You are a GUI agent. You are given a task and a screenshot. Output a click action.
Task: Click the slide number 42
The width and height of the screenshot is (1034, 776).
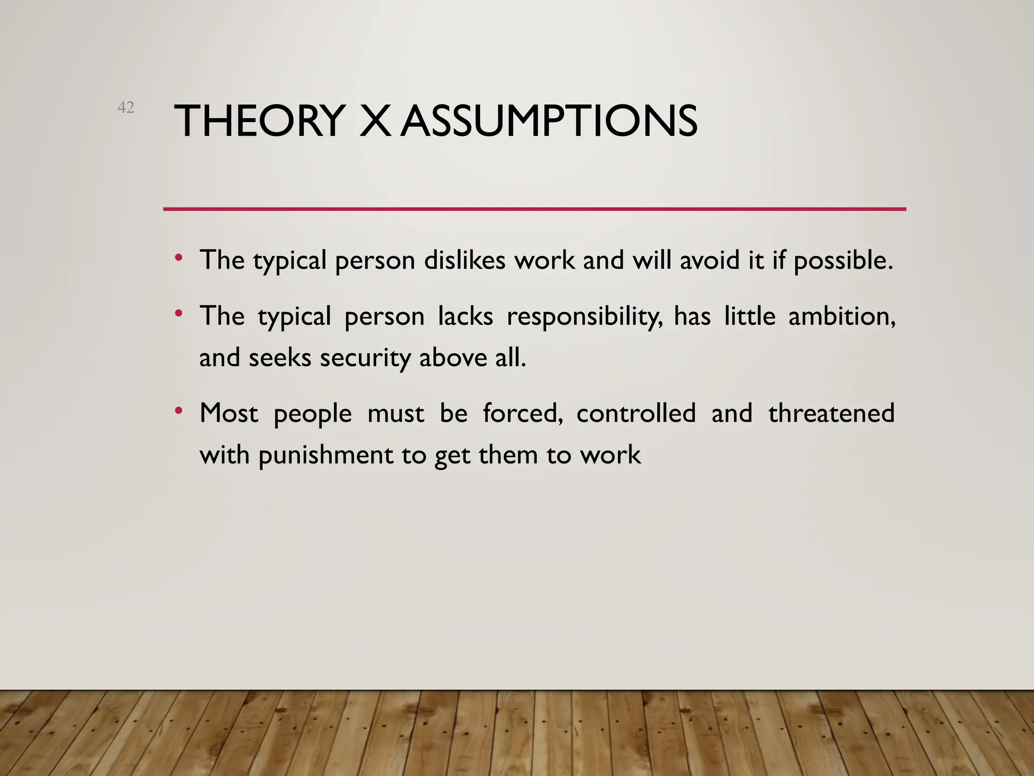pos(126,107)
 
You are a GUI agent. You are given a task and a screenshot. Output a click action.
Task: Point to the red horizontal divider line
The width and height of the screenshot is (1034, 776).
pos(534,209)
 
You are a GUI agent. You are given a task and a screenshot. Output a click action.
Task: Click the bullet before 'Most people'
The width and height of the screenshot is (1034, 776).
pos(178,411)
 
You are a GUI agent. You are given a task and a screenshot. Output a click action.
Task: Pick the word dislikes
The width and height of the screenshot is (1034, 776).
pos(464,260)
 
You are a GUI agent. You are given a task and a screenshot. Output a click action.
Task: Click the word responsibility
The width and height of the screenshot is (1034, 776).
pos(584,317)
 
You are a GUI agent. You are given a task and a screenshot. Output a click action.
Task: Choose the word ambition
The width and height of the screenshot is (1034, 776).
pos(842,317)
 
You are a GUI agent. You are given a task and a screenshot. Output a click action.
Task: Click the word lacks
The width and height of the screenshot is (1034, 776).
pos(465,316)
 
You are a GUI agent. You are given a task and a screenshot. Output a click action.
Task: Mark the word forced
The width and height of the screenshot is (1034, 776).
pos(523,413)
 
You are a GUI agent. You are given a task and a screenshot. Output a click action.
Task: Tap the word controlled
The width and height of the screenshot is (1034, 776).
pos(636,413)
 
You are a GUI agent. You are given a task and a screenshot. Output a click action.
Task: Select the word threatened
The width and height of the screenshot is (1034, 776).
pos(831,413)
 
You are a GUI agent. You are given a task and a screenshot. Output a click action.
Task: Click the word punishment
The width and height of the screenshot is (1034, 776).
pos(326,455)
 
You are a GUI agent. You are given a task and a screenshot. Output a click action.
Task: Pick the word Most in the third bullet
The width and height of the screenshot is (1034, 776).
pos(229,413)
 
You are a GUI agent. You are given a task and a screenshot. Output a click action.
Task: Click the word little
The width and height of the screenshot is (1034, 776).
pos(749,316)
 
